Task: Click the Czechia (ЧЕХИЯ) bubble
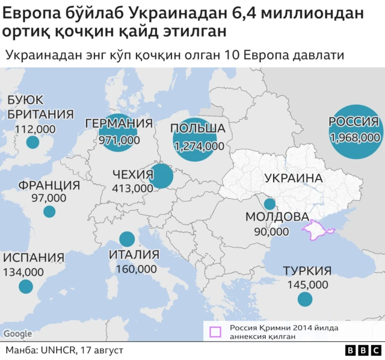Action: [x=161, y=177]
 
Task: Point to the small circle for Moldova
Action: [x=269, y=204]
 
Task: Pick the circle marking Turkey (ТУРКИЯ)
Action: [x=306, y=299]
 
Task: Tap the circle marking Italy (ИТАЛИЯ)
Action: [x=127, y=239]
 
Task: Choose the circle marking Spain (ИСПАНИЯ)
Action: [x=25, y=287]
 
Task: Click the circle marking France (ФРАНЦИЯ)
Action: [x=49, y=211]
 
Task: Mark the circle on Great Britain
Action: [x=32, y=142]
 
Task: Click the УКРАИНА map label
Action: [x=294, y=178]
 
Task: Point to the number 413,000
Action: [x=132, y=188]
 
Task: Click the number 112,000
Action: [x=35, y=128]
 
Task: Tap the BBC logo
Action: [x=363, y=350]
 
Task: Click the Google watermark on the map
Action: [x=17, y=334]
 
